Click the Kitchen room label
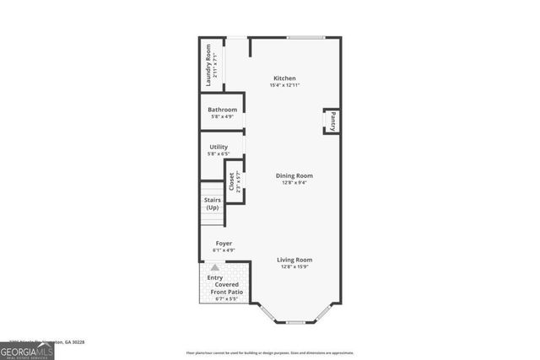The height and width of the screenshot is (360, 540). coord(283,78)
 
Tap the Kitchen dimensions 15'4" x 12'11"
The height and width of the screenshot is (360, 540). coord(284,85)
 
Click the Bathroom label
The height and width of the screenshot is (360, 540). coord(222,110)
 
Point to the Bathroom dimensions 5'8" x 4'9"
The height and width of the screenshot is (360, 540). coord(222,116)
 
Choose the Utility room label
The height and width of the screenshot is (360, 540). coord(219,147)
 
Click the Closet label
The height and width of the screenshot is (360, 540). coord(231,180)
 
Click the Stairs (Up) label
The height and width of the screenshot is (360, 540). coord(213,203)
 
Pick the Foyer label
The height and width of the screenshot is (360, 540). coord(224,243)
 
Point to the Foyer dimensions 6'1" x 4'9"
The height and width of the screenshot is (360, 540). coord(224,250)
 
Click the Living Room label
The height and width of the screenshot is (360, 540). coord(294,260)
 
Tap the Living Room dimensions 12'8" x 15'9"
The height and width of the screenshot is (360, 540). coord(294,266)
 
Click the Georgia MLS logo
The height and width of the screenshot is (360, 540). coord(27,351)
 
